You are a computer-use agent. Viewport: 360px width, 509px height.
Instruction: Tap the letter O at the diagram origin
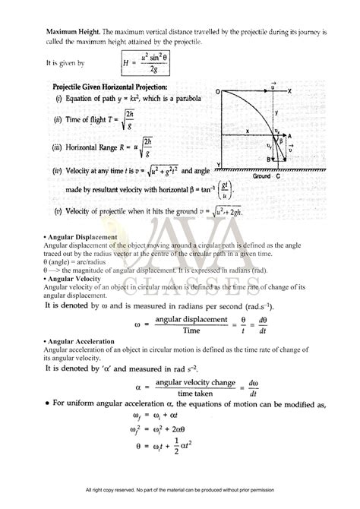pyautogui.click(x=217, y=91)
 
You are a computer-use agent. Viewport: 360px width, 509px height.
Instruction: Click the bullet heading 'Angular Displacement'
pyautogui.click(x=81, y=237)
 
